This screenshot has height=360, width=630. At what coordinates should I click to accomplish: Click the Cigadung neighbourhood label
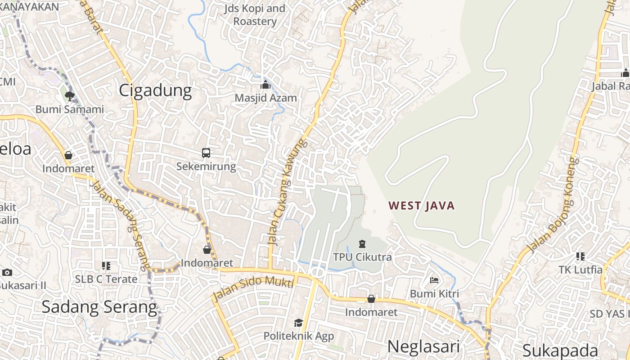[x=155, y=90]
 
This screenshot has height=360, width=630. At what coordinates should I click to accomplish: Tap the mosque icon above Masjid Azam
[x=265, y=85]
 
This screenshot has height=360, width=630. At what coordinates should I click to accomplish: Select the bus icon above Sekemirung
[x=206, y=153]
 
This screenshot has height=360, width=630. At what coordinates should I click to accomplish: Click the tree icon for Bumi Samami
[x=69, y=95]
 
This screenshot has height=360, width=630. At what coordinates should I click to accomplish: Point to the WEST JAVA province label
[x=422, y=206]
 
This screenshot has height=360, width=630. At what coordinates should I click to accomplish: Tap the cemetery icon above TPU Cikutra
[x=362, y=244]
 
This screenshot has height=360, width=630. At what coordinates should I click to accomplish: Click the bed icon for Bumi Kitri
[x=434, y=280]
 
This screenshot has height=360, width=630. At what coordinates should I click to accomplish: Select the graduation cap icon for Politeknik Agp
[x=298, y=323]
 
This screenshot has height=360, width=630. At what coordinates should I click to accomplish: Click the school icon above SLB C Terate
[x=106, y=266]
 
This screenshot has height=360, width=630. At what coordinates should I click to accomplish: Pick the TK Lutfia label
[x=580, y=270]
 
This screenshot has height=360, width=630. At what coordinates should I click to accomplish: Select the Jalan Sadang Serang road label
[x=120, y=225]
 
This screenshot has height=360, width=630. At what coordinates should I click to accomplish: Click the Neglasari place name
[x=423, y=346]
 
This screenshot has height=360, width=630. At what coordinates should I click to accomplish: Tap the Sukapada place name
[x=560, y=351]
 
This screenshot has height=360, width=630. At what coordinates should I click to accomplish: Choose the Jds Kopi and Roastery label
[x=255, y=15]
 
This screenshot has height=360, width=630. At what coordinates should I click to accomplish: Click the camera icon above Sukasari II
[x=7, y=272]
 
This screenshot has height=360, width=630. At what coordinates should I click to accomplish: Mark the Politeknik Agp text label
[x=299, y=336]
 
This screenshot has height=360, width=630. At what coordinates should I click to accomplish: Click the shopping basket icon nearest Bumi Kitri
[x=371, y=299]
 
